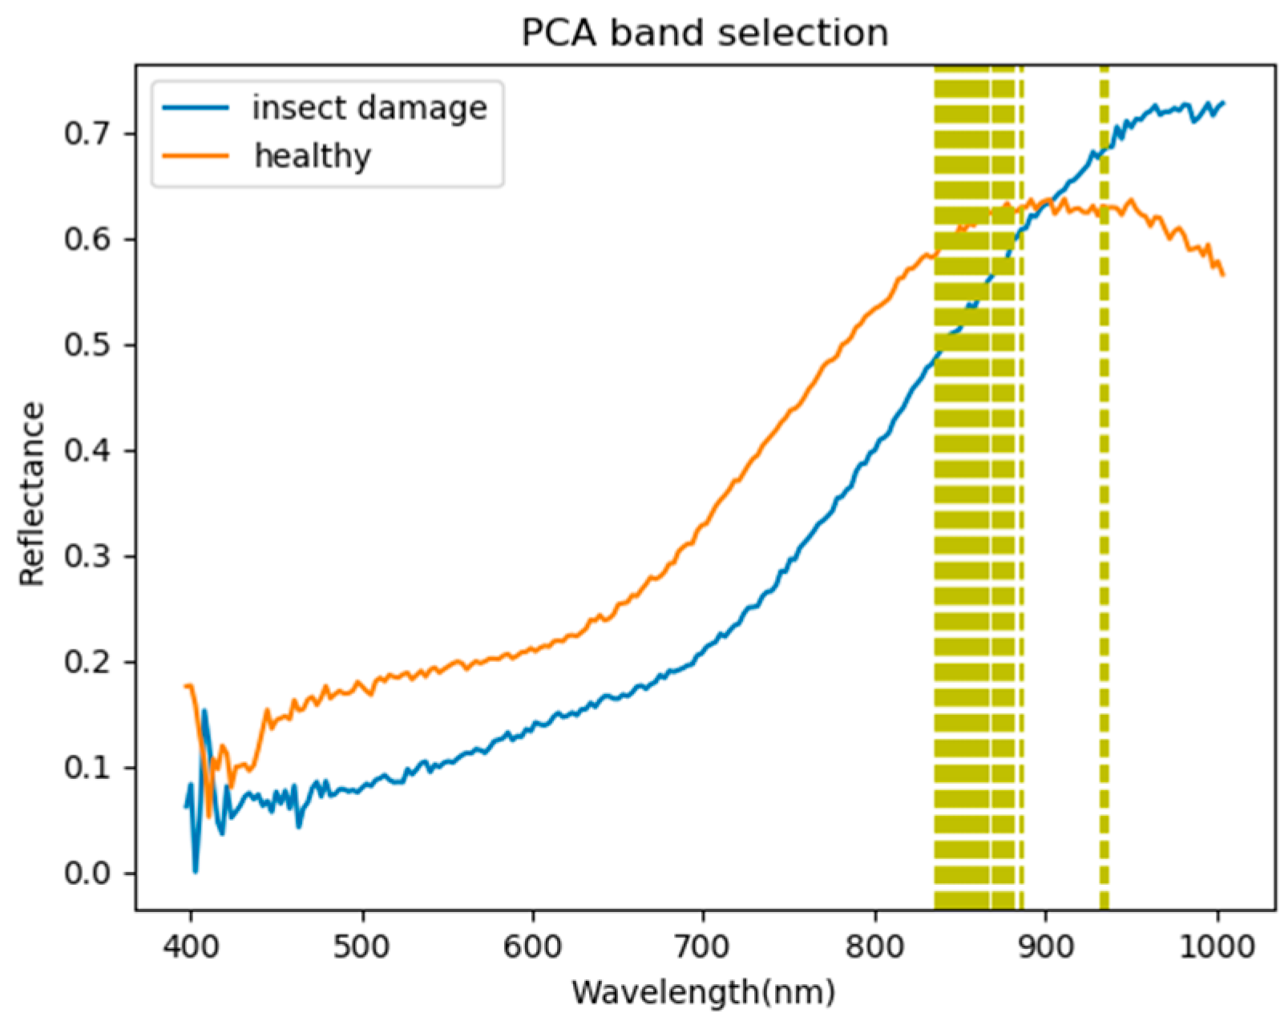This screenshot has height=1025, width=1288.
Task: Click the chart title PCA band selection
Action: coord(705,34)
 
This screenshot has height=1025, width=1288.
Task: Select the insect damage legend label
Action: coord(369,107)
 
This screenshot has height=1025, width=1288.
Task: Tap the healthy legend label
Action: coord(313,155)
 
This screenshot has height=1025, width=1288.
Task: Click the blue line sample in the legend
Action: coord(196,107)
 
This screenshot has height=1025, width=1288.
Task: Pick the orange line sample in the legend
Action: coord(196,155)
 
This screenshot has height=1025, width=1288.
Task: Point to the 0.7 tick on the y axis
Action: coord(87,133)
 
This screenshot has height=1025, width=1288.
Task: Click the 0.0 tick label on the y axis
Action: coord(87,873)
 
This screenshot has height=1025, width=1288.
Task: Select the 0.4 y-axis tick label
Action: coord(87,450)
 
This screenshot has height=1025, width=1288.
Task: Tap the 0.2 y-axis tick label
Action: coord(87,662)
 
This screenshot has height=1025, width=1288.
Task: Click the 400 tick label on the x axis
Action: coord(191,946)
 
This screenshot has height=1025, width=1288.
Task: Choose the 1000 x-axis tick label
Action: coord(1217,946)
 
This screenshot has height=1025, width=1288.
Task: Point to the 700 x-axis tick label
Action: coord(703,946)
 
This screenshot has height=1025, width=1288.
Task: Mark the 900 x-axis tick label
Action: coord(1045,946)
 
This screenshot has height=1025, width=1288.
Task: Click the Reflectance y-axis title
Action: coord(32,494)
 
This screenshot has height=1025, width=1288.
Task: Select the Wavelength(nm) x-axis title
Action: coord(703,992)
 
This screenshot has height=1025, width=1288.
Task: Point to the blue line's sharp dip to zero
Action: coord(195,870)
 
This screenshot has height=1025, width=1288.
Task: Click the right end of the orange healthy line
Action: coord(1223,275)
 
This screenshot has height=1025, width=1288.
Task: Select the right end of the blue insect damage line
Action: coord(1223,103)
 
